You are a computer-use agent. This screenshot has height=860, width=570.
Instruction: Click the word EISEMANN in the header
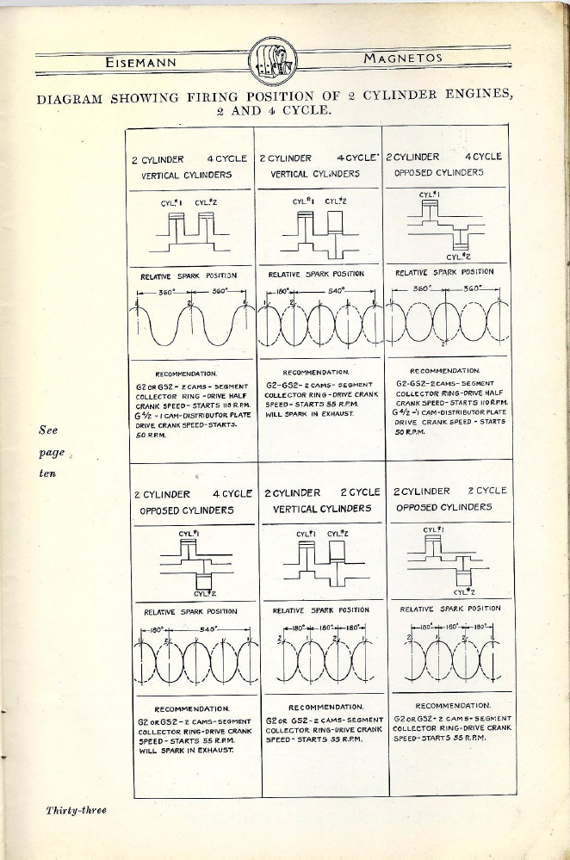(x=142, y=63)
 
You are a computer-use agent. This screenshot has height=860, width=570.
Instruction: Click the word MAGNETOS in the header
(x=403, y=59)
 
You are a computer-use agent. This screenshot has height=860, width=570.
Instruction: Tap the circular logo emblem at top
(x=273, y=63)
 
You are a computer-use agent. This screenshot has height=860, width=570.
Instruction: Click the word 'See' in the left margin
(x=48, y=430)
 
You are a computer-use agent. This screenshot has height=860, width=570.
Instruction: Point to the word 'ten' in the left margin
(x=48, y=473)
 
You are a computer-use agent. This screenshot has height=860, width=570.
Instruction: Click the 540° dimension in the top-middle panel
(x=337, y=291)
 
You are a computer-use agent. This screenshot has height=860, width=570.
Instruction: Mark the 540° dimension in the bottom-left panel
(x=208, y=629)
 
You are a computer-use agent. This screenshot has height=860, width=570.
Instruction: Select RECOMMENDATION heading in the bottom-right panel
(x=453, y=705)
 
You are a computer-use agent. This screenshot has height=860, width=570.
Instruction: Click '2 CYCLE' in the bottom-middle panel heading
(x=360, y=492)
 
